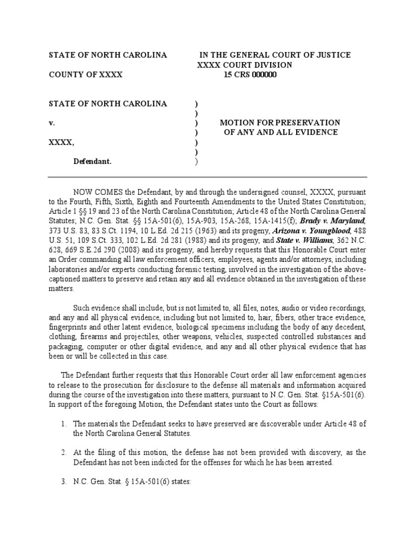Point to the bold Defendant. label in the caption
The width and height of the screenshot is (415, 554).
pyautogui.click(x=92, y=162)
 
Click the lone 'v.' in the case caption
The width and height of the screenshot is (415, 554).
pyautogui.click(x=52, y=123)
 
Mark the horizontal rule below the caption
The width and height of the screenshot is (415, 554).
pyautogui.click(x=207, y=177)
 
